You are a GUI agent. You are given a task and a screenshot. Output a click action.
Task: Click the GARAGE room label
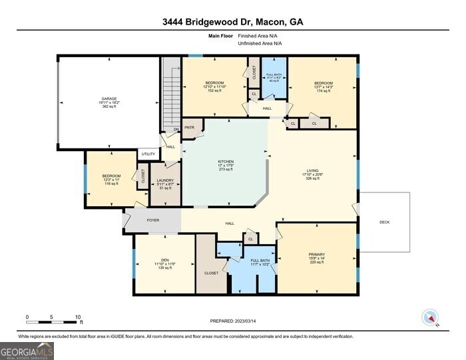[109, 98]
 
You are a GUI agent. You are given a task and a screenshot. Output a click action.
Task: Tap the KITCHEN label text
[226, 161]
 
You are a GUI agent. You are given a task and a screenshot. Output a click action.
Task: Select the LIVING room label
[312, 170]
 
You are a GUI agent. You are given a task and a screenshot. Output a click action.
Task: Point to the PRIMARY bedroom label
[316, 254]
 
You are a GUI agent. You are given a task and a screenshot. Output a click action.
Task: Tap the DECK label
[385, 222]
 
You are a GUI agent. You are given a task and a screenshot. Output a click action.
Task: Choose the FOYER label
[153, 219]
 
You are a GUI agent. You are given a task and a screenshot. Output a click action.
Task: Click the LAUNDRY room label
[165, 180]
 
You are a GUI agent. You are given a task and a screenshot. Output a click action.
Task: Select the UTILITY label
[148, 154]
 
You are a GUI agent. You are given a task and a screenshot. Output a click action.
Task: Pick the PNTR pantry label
[189, 127]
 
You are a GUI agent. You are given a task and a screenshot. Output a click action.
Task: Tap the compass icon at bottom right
[429, 317]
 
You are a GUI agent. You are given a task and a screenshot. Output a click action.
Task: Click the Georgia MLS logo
[27, 350]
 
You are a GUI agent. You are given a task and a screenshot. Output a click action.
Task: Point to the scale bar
[53, 322]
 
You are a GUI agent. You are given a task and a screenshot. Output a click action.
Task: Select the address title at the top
[232, 22]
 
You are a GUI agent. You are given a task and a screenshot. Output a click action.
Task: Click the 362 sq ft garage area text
[109, 106]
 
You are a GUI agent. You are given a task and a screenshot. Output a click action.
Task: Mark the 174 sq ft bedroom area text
[323, 90]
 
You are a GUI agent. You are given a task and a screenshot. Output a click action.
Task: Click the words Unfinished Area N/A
[260, 43]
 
